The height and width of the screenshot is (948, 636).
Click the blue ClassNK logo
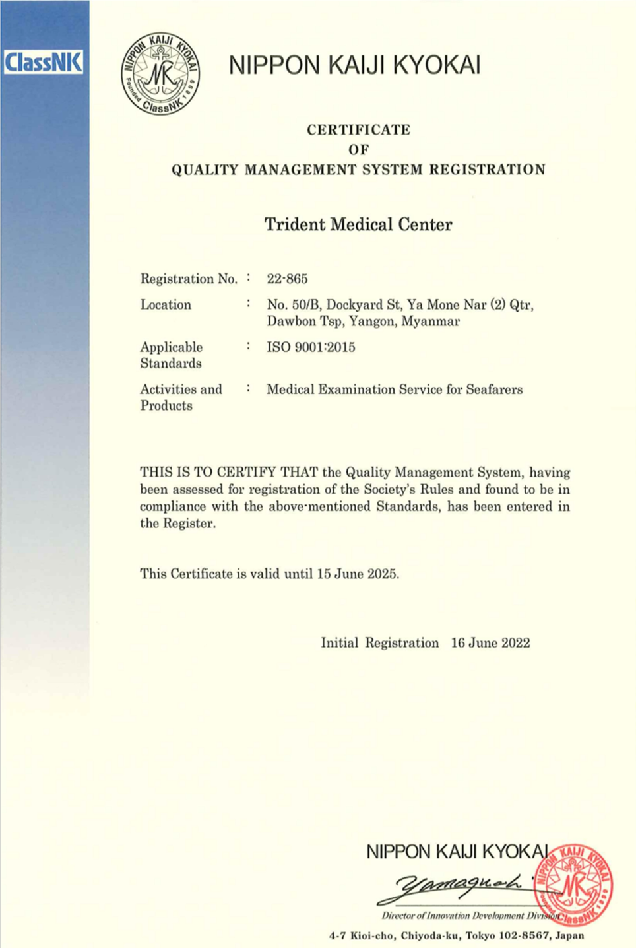(x=43, y=62)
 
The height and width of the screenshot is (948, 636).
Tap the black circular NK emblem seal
(x=160, y=73)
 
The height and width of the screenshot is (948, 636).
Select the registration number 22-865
(x=287, y=279)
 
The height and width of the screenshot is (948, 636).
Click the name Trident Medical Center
(x=358, y=224)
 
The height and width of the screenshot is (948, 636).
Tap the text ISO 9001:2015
(x=311, y=347)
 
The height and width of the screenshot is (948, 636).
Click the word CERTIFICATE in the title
(x=358, y=129)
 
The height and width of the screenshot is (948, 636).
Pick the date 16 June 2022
(x=490, y=643)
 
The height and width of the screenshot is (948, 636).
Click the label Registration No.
(x=189, y=279)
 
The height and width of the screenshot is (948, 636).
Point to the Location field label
(x=166, y=305)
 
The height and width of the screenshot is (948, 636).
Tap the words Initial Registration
(x=379, y=643)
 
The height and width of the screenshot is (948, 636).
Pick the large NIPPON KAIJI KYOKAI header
(x=354, y=65)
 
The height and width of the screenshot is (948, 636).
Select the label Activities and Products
(x=181, y=397)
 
